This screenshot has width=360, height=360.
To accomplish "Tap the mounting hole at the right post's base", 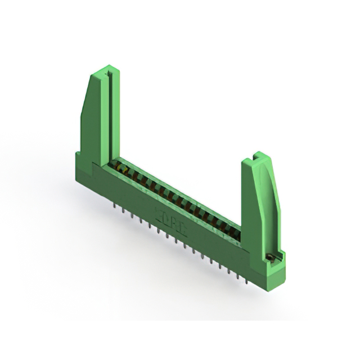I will (x=270, y=257).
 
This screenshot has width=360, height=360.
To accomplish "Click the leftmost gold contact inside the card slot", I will (x=119, y=165).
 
